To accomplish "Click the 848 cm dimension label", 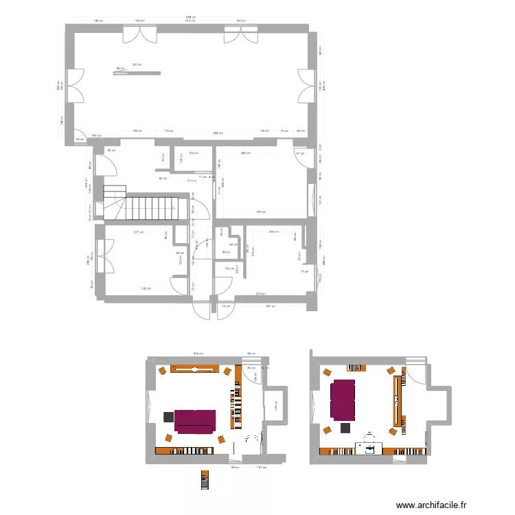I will [190, 17].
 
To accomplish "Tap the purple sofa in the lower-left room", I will [196, 422].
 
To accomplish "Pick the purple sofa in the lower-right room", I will [343, 400].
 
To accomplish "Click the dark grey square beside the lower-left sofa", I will [168, 416].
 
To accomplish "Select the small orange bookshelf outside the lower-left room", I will [204, 480].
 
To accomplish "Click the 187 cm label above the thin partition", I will [136, 65].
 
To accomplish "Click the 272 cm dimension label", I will [187, 21].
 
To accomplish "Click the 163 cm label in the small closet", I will [193, 154].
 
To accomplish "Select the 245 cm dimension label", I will [244, 153].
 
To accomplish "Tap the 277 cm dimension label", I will [138, 233].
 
